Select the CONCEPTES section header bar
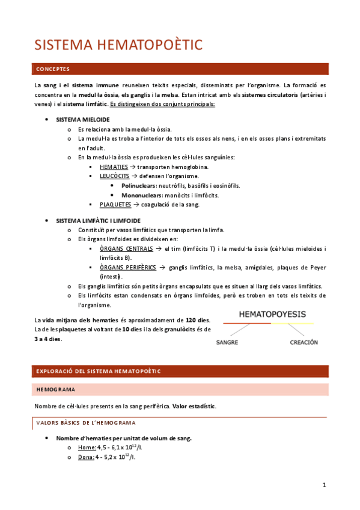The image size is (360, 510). (180, 69)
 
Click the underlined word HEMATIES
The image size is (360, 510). (114, 167)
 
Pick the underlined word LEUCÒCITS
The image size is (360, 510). (115, 176)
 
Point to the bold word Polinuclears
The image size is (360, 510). (139, 186)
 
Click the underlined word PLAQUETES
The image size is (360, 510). (115, 204)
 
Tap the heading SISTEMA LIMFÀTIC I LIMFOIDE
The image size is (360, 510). (98, 221)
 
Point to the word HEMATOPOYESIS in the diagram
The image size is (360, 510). (272, 314)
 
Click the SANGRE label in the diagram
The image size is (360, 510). (228, 342)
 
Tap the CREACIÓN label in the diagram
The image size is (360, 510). (304, 342)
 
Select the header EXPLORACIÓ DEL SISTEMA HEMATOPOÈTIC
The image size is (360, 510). (99, 371)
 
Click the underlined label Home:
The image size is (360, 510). (87, 447)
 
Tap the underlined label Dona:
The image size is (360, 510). (87, 457)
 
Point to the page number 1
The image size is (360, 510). (324, 485)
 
